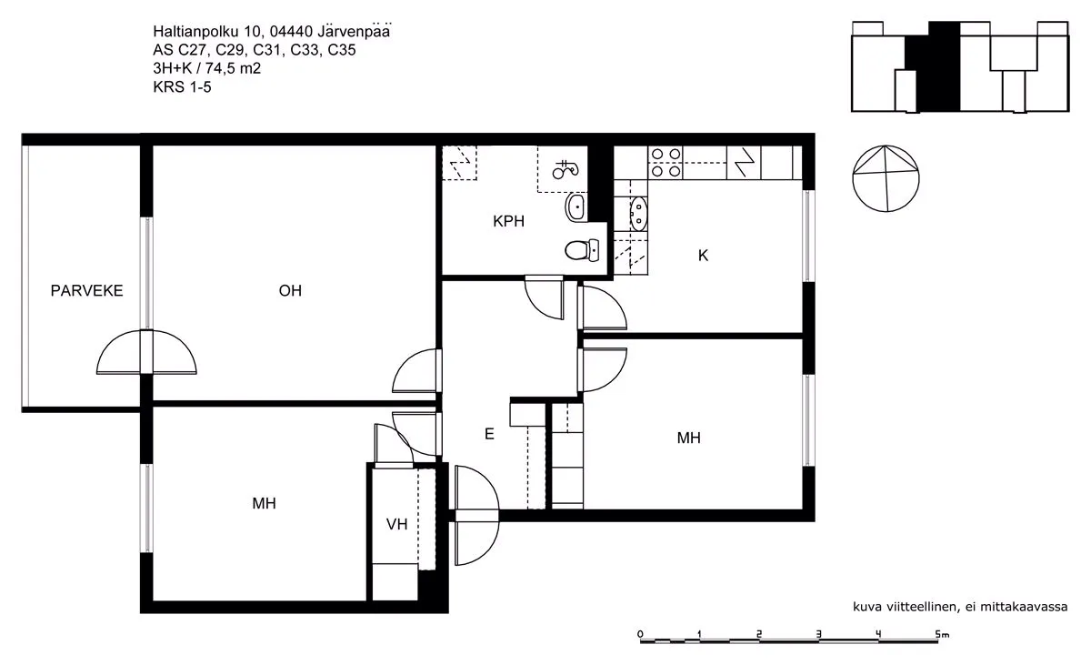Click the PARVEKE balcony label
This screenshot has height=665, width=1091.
point(86,291)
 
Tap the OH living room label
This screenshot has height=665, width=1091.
point(290,291)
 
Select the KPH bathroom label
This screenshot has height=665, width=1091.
point(508,221)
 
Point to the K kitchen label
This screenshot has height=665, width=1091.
point(703,256)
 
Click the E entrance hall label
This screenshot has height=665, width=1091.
point(489,434)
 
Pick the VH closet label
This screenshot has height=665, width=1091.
point(397,524)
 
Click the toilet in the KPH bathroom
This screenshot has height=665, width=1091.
point(582,250)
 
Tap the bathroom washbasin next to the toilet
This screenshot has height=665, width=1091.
point(576,207)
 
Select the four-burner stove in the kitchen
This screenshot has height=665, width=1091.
point(666,163)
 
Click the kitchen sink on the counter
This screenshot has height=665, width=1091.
point(637,214)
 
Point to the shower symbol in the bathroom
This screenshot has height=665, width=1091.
point(566,168)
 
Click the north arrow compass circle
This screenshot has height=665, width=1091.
point(886,178)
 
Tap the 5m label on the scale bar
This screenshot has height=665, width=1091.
point(943,634)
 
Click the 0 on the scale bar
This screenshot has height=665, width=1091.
point(640,634)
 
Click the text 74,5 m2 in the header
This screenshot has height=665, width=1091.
point(233,68)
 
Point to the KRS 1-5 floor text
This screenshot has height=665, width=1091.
point(182,86)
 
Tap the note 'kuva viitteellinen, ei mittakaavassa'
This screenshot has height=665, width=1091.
point(960,607)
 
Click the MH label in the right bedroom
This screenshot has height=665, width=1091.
point(689,438)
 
